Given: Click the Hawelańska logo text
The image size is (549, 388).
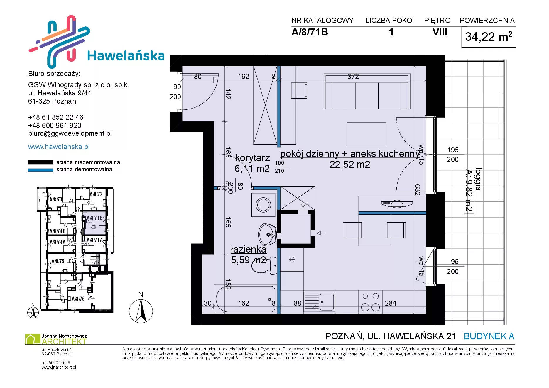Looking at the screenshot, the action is [x=126, y=56].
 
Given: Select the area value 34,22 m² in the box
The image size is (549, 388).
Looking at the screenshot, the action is [x=489, y=37].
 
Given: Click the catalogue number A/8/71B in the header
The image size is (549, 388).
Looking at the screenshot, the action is [x=310, y=32].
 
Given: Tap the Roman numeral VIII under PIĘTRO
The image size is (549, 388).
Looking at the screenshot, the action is [x=440, y=32].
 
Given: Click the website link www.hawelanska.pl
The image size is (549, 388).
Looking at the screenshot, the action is [x=59, y=147].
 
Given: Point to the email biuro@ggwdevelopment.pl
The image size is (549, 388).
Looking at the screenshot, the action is [x=70, y=133].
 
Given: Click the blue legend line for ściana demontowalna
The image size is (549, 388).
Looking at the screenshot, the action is [x=40, y=170].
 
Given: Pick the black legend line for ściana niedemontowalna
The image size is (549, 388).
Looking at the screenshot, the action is [x=40, y=162].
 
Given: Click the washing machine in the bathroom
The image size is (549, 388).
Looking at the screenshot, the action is [x=263, y=205].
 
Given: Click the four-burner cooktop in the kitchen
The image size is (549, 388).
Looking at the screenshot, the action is [x=370, y=302].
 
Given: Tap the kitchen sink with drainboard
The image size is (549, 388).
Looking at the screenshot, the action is [x=319, y=302].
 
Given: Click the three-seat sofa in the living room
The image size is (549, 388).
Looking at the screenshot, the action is [x=367, y=92].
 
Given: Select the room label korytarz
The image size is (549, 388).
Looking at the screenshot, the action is [x=252, y=158].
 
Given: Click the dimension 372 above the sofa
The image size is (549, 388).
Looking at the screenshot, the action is [x=353, y=77].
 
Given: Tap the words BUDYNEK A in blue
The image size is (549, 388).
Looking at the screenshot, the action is [x=489, y=336].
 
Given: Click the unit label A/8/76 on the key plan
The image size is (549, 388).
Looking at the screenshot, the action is [x=78, y=299].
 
